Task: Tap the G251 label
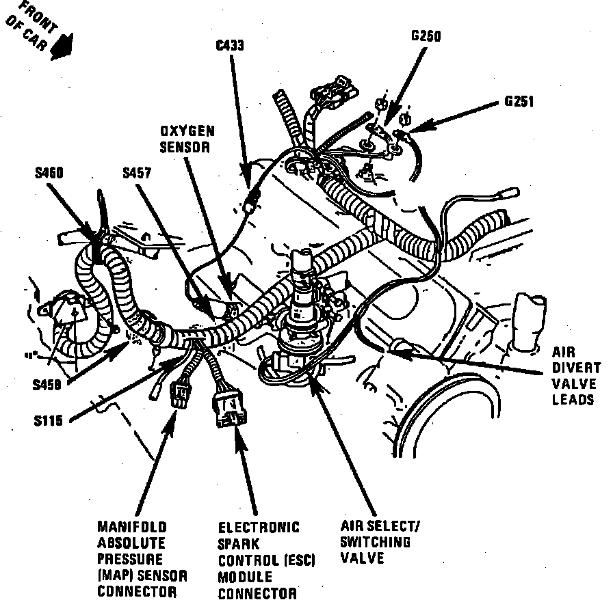point(519,102)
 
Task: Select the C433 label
point(229,46)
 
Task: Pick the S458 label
point(47,385)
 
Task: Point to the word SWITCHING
point(375,543)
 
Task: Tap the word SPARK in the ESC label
point(236,544)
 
